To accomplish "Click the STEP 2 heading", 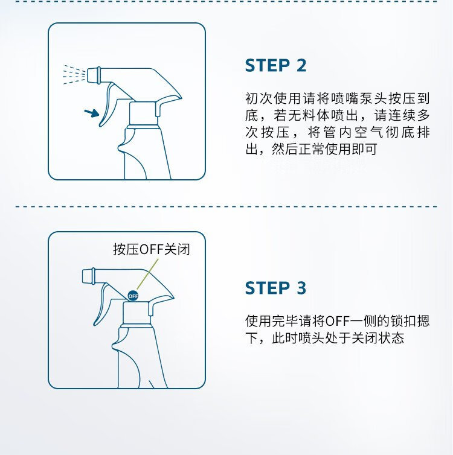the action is (x=275, y=65).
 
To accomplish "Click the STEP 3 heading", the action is (x=275, y=288).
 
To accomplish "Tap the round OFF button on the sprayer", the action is (x=133, y=296).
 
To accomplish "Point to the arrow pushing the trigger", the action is (x=92, y=112).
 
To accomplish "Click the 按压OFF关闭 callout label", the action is (x=151, y=249).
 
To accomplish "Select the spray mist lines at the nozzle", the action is (x=74, y=75).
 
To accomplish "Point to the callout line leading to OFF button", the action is (x=147, y=274).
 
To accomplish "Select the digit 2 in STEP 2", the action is (x=301, y=65).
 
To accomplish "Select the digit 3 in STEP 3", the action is (x=301, y=288).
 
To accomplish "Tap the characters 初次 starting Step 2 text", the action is (x=259, y=98).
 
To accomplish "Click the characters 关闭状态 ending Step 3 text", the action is (x=377, y=338).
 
